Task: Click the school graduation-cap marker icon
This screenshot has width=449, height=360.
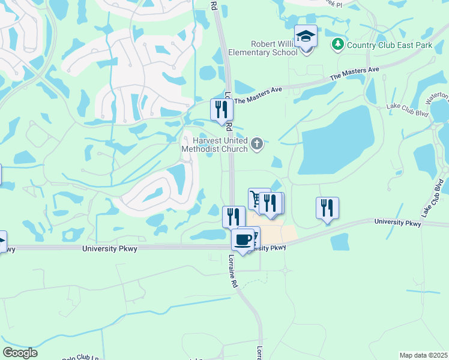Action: [306, 37]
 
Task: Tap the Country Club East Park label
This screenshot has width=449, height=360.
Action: [382, 44]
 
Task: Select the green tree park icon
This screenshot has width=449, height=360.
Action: [338, 44]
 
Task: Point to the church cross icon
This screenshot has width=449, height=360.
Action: [257, 143]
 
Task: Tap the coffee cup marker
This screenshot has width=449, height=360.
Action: [243, 240]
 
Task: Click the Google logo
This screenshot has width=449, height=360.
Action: [20, 353]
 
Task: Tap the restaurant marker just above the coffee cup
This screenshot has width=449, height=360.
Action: [233, 216]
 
